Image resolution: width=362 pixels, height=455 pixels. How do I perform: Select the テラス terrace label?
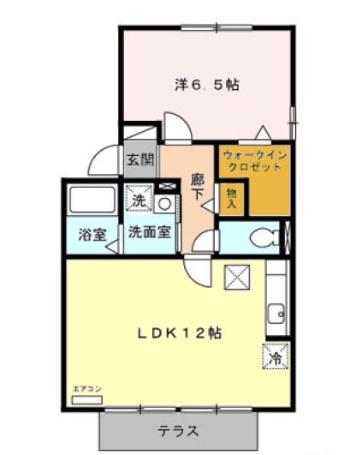(x=179, y=430)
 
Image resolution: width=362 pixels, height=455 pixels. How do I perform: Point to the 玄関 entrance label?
(x=140, y=159)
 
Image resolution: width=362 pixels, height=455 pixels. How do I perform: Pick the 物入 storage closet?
(x=232, y=199)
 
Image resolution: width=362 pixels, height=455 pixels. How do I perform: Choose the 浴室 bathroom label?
(x=91, y=233)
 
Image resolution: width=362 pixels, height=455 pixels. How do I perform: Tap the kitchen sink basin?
(x=276, y=314)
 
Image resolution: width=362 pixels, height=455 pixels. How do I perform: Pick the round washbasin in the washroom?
(x=165, y=204)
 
